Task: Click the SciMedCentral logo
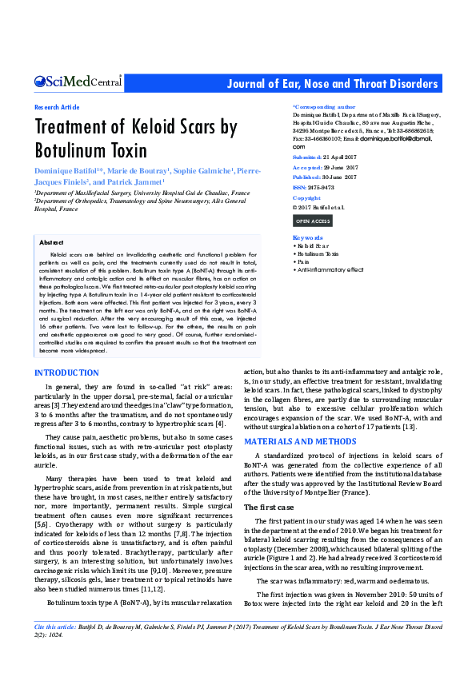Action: [78, 82]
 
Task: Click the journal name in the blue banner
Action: [333, 84]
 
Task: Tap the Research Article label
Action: [57, 107]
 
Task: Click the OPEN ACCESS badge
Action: [312, 221]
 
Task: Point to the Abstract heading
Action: [51, 241]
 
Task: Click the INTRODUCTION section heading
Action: [66, 372]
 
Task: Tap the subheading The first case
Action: [270, 508]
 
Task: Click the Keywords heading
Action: [308, 238]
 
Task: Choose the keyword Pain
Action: [302, 261]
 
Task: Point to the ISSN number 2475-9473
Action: [323, 187]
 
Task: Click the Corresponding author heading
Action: [324, 106]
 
